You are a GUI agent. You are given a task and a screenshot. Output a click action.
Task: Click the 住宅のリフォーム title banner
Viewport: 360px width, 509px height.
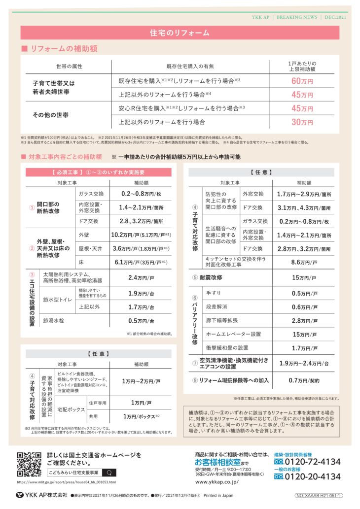[x=180, y=33]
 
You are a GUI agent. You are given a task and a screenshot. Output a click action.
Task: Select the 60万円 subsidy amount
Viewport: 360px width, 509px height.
[x=302, y=81]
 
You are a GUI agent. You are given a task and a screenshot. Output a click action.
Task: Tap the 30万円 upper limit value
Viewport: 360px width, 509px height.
[x=302, y=122]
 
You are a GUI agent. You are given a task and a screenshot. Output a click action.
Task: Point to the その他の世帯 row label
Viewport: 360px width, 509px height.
[x=51, y=115]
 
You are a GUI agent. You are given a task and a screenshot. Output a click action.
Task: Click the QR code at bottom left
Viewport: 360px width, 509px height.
[x=29, y=464]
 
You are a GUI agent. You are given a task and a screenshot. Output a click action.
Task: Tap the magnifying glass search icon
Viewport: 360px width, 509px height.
[x=108, y=472]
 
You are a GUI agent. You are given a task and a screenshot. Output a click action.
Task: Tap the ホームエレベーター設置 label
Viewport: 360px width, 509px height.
[x=233, y=334]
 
